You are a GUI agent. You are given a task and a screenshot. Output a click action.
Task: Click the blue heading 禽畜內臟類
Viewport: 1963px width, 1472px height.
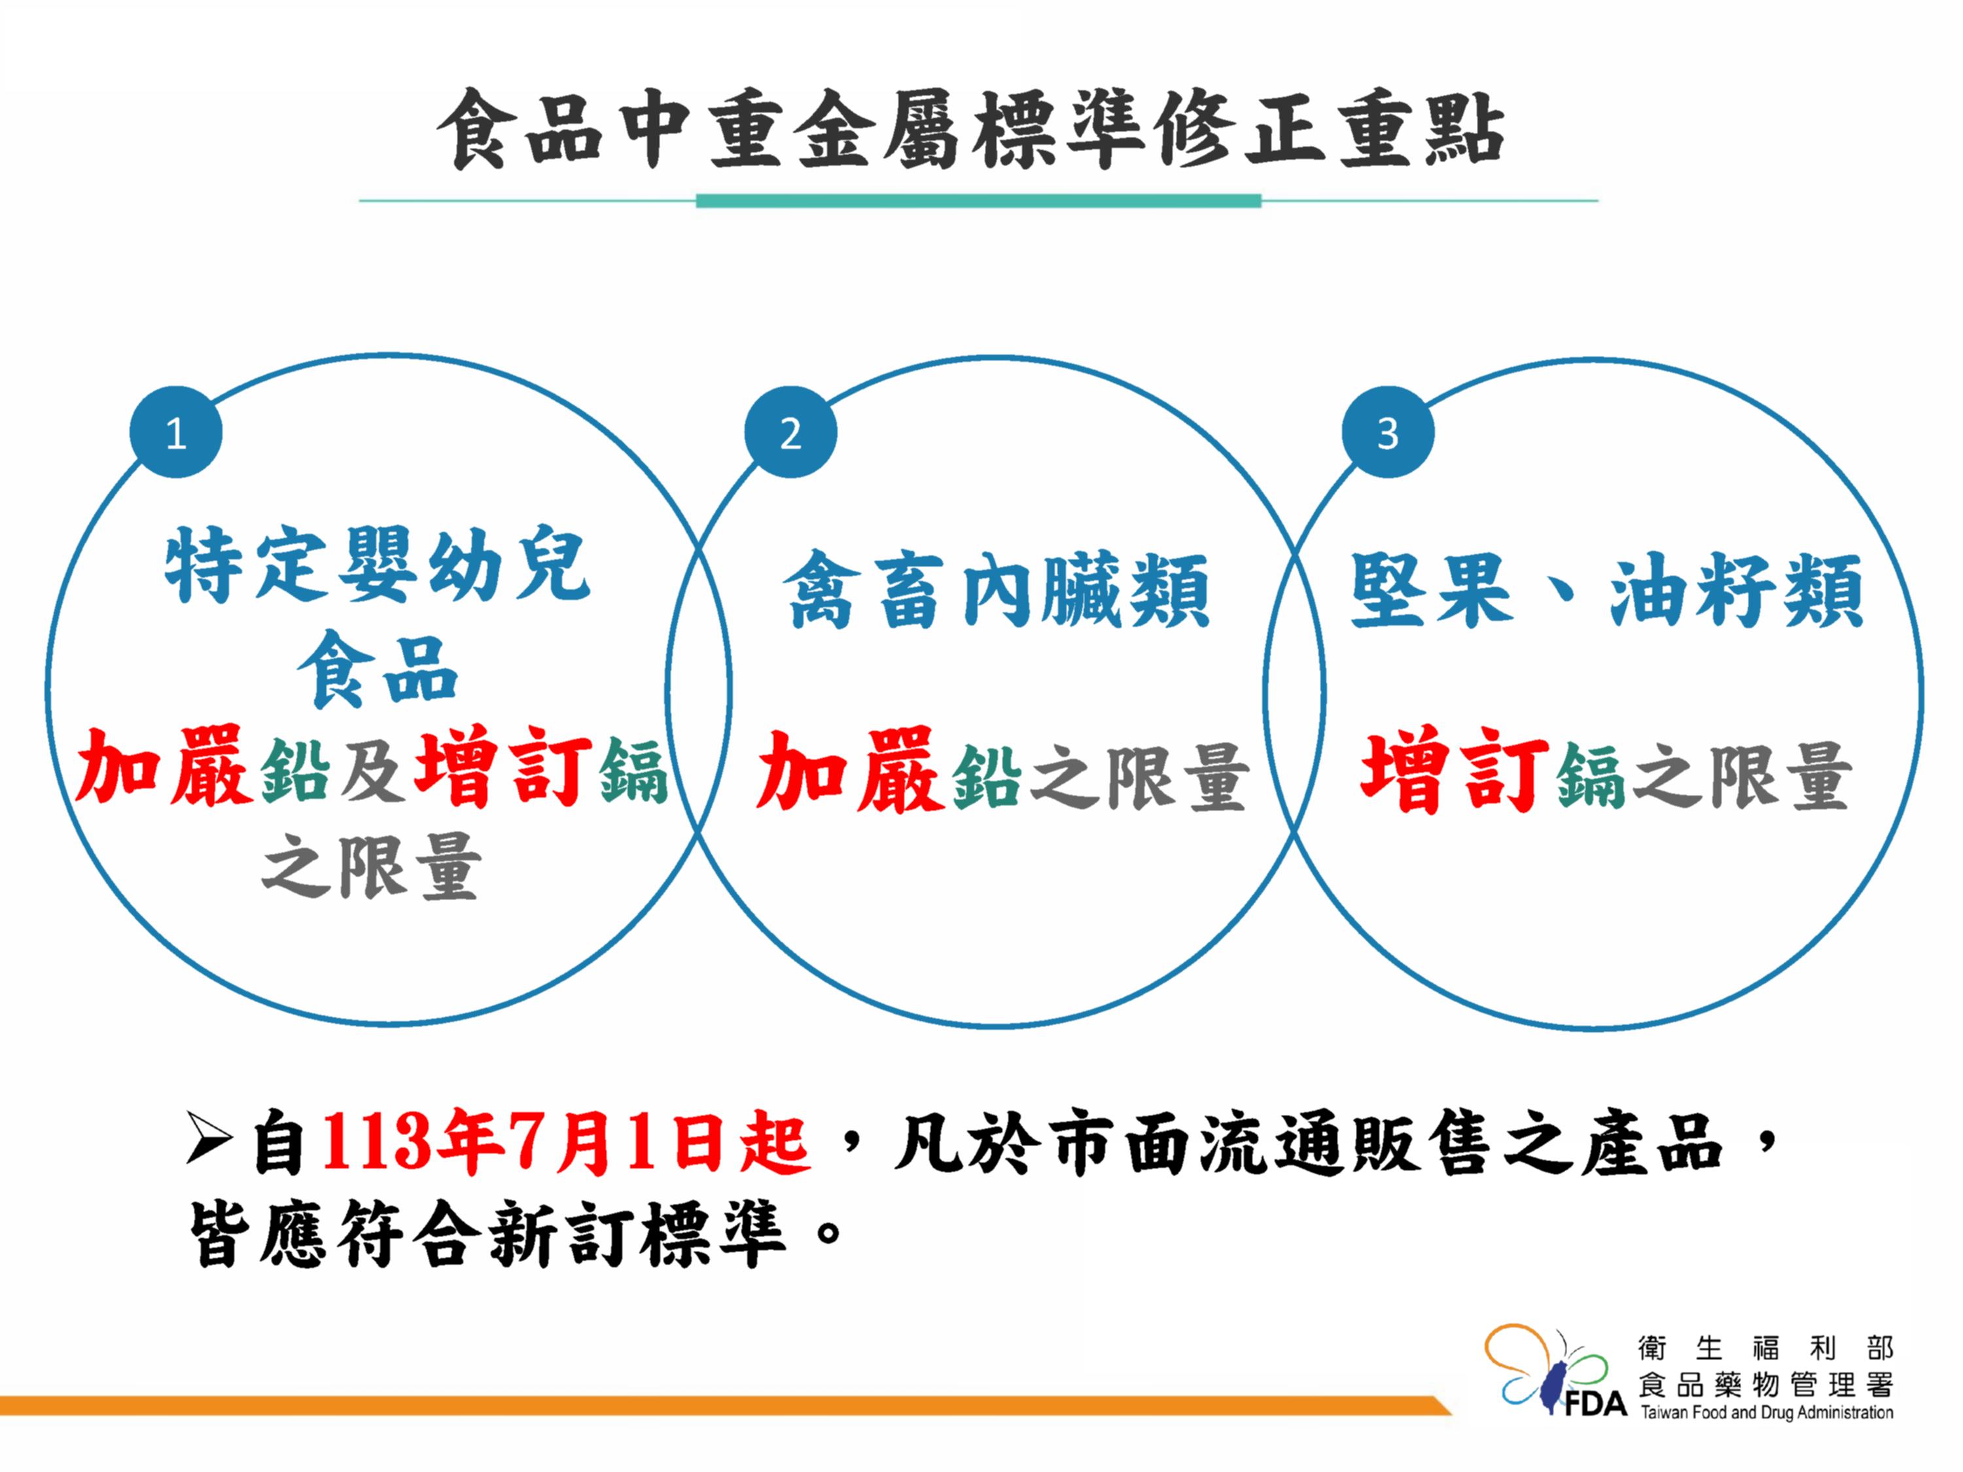tap(996, 590)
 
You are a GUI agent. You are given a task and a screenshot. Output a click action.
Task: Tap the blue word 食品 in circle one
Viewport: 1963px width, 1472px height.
tap(377, 669)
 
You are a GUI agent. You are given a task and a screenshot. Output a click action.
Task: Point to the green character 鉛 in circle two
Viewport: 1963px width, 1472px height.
tap(986, 775)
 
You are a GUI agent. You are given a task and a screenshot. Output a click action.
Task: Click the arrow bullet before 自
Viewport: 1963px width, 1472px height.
tap(210, 1138)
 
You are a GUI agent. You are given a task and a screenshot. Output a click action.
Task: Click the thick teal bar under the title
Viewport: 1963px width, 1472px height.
tap(978, 201)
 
